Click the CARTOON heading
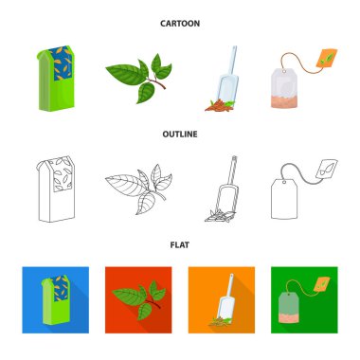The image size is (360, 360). click(x=180, y=24)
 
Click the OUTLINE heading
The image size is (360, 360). click(x=180, y=134)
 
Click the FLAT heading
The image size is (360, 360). click(x=180, y=244)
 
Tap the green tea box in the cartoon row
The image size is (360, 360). click(x=56, y=79)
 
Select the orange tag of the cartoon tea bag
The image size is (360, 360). click(x=327, y=58)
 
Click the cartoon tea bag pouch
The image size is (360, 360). click(x=284, y=88)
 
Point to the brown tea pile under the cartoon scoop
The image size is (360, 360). click(x=220, y=105)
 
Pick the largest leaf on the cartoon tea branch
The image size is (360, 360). click(x=125, y=74)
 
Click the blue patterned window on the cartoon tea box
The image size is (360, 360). click(x=62, y=63)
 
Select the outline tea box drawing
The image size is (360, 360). click(x=56, y=189)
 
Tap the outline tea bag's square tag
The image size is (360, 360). click(x=327, y=170)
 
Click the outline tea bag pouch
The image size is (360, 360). click(x=284, y=199)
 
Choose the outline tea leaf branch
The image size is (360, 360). click(x=139, y=189)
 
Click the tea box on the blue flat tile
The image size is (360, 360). click(x=56, y=300)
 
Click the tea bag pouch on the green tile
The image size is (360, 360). click(x=289, y=308)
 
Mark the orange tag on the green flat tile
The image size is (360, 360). click(x=321, y=284)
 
